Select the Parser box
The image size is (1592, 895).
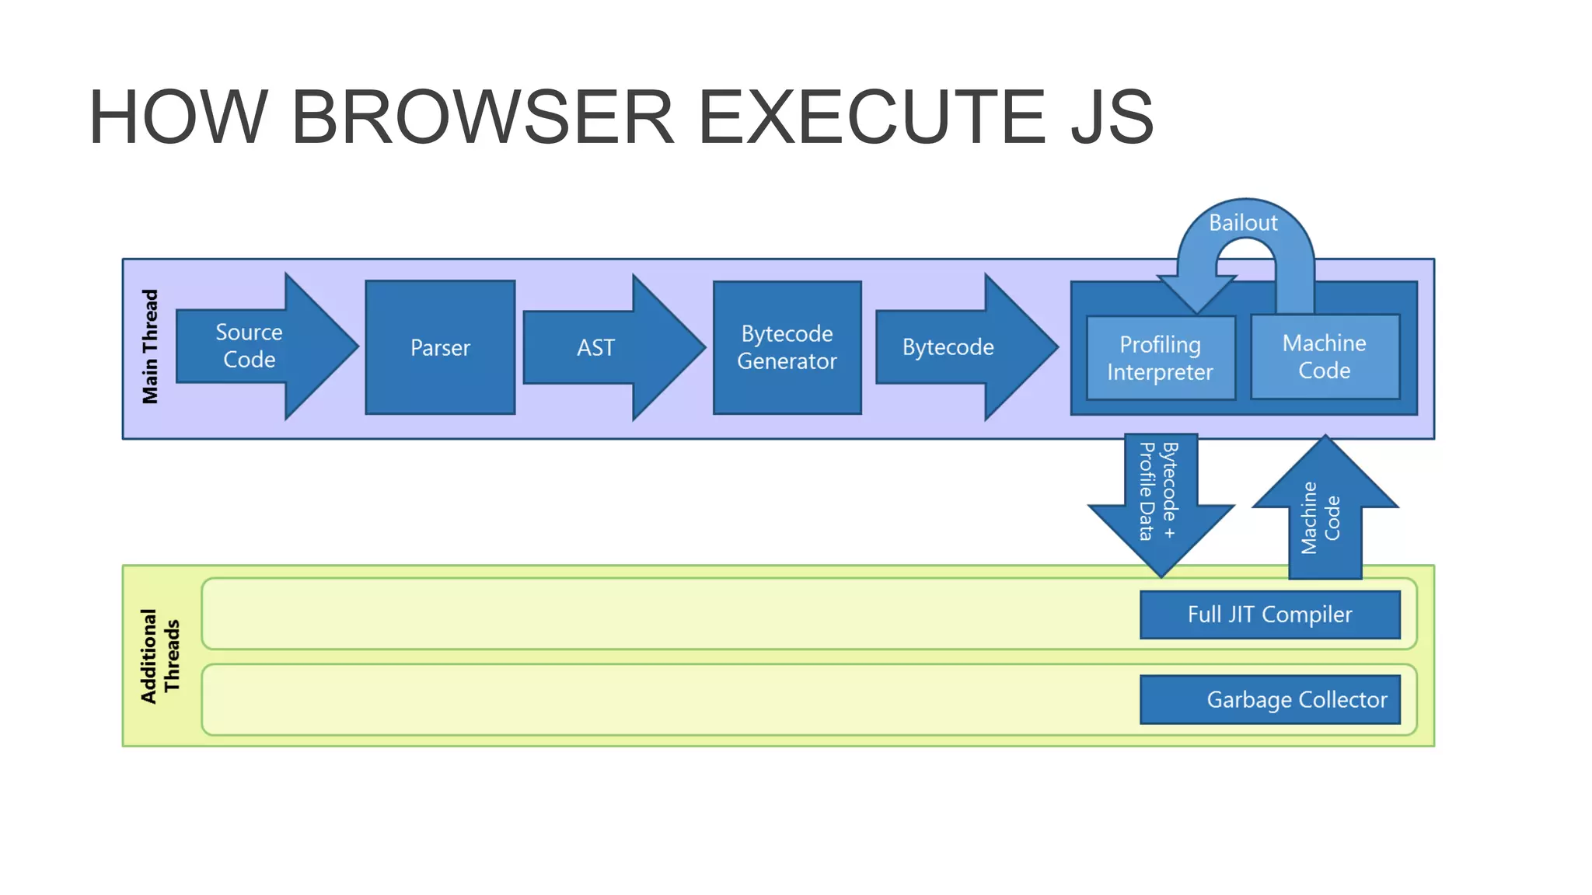440,347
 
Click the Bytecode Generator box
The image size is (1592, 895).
787,347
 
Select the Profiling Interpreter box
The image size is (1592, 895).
1160,358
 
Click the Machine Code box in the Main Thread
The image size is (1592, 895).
1325,357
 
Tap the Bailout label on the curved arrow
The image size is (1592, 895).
1243,223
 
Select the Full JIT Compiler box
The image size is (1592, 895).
1269,615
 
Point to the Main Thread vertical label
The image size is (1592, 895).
150,347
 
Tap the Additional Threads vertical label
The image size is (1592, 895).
160,656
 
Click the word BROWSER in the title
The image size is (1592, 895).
482,117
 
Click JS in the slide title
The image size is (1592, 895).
1112,117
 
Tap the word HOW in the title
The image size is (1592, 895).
179,117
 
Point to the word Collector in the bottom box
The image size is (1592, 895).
1342,700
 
